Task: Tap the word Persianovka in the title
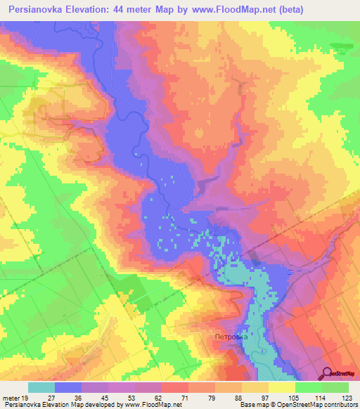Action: point(39,11)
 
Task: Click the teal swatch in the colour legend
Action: point(41,387)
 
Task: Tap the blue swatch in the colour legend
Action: point(68,387)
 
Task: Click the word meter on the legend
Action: point(10,398)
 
